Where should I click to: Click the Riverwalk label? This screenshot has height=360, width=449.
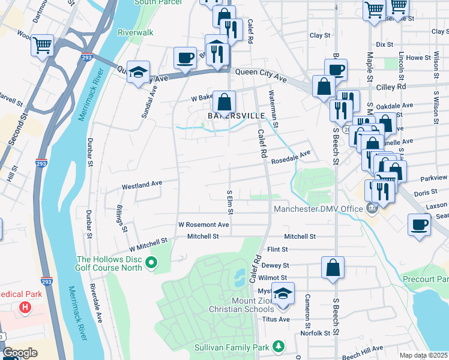[136, 32]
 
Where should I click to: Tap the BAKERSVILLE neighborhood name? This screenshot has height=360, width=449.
[228, 115]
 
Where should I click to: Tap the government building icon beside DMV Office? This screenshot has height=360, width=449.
[372, 209]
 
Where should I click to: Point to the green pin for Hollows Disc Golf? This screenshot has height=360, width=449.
[151, 262]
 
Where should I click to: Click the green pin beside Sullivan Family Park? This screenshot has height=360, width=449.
[278, 347]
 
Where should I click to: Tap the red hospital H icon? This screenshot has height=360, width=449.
[25, 308]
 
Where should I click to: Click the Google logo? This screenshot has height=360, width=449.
[20, 353]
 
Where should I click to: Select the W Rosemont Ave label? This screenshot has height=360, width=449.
[203, 224]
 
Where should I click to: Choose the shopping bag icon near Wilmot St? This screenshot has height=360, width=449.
[333, 268]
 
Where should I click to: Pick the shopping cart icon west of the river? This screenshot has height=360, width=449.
[42, 44]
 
